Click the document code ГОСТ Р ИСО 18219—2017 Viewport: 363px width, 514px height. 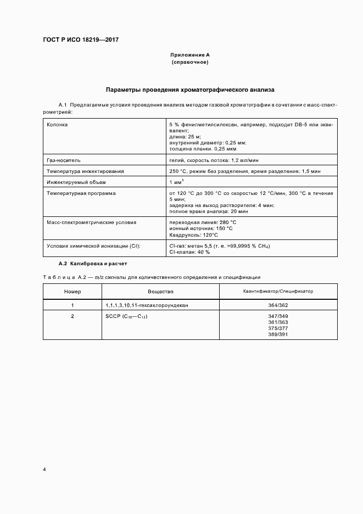coord(81,40)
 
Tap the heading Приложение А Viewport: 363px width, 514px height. coord(190,55)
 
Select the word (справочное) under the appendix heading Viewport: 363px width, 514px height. coord(190,62)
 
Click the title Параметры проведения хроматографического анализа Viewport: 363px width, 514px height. coord(190,88)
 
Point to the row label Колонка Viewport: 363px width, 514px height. coord(58,125)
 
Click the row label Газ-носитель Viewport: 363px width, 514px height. coord(64,160)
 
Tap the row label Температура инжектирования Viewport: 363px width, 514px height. coord(85,171)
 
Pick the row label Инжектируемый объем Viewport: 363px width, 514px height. coord(76,182)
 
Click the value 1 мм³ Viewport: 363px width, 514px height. coord(177,182)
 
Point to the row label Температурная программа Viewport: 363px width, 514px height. coord(81,193)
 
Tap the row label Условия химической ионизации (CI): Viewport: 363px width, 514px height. coord(93,245)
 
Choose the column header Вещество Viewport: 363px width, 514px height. coord(160,292)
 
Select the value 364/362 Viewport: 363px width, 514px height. coord(278,305)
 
